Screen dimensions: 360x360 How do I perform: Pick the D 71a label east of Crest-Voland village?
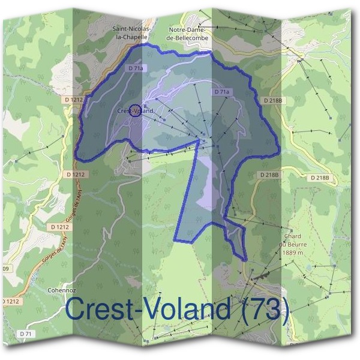[x=222, y=92]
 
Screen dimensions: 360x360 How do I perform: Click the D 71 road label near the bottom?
[x=25, y=334]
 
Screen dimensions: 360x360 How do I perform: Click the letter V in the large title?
[x=146, y=310]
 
